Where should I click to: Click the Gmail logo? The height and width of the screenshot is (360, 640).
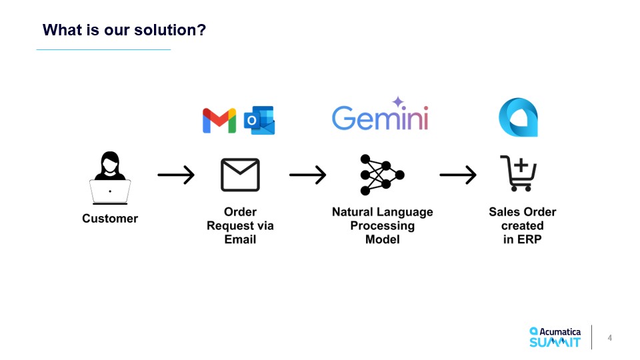[219, 121]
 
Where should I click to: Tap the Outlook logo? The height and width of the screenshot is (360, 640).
[259, 121]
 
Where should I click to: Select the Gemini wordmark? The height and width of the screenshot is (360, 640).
[379, 118]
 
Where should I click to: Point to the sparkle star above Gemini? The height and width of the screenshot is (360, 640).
[398, 102]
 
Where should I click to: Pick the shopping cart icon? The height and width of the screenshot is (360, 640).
[518, 173]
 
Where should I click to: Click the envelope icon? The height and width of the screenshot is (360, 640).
[240, 175]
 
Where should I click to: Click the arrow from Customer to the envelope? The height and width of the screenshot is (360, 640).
[176, 175]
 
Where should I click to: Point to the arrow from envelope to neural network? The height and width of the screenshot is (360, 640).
[307, 175]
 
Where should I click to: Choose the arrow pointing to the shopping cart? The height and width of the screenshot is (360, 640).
[458, 175]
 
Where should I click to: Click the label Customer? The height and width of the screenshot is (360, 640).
[110, 219]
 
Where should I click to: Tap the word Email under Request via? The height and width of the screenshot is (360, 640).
[240, 239]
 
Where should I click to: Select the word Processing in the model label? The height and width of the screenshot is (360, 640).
[382, 226]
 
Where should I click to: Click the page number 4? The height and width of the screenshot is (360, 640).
[609, 338]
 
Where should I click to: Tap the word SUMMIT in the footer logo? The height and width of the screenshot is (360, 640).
[555, 343]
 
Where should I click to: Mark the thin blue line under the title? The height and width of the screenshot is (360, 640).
[103, 49]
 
